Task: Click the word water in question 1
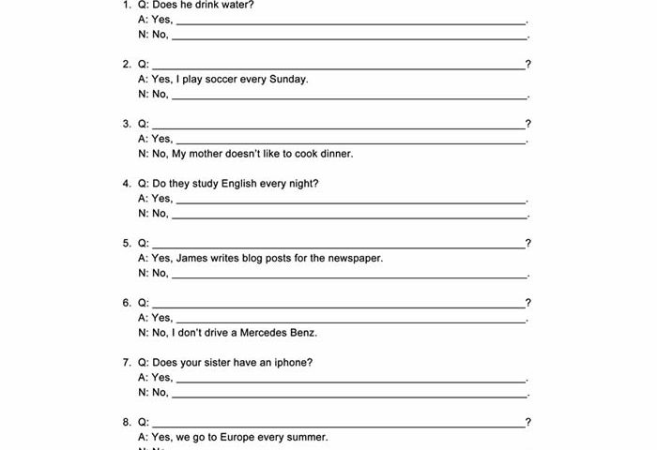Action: coord(239,5)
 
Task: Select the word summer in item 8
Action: coord(309,438)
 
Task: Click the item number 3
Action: coord(126,124)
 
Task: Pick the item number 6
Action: coord(126,303)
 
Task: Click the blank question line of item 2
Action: coord(338,67)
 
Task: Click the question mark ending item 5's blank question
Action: coord(528,244)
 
